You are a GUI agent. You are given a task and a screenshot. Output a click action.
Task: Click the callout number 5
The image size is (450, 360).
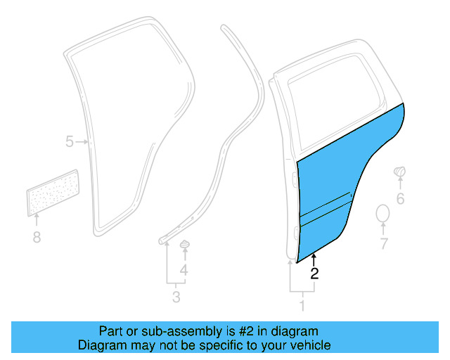(69, 142)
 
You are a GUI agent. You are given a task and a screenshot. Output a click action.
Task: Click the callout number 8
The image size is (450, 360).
(37, 238)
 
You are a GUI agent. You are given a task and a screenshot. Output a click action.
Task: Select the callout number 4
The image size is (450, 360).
(184, 271)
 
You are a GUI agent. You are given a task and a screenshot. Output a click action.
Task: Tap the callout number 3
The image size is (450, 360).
(176, 297)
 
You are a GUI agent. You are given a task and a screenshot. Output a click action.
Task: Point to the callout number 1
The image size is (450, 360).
(302, 306)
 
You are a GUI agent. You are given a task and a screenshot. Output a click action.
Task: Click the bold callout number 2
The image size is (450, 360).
(314, 274)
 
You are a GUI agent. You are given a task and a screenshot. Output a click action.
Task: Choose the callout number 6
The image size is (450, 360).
(400, 199)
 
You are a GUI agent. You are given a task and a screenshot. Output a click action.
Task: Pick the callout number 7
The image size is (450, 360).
(384, 244)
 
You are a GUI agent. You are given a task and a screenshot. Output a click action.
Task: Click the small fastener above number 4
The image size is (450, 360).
(186, 245)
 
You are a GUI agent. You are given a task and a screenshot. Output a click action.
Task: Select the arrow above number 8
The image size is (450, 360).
(37, 221)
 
